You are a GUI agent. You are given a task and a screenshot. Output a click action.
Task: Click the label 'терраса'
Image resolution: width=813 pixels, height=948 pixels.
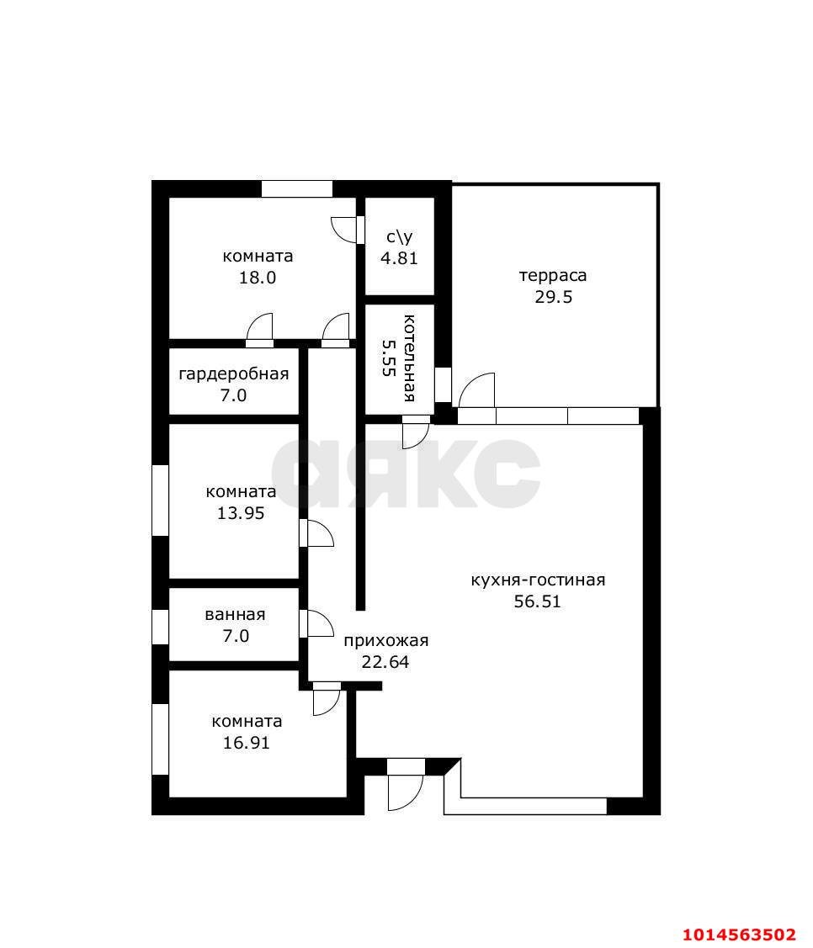click(553, 276)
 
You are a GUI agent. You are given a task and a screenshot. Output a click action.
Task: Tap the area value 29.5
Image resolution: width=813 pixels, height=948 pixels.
click(553, 297)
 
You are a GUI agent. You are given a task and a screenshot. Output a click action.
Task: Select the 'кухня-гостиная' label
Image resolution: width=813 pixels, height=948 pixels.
click(538, 580)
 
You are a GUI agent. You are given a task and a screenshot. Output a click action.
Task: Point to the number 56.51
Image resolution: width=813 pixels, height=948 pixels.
click(537, 601)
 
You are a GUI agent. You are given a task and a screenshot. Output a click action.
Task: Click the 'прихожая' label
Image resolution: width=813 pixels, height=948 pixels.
click(386, 641)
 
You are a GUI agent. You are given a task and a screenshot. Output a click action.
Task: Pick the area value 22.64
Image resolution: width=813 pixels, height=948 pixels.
click(385, 662)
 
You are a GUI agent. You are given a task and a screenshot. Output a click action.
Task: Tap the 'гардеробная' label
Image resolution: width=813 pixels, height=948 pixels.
click(233, 374)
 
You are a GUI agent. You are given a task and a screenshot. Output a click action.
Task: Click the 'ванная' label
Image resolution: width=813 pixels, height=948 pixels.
click(236, 615)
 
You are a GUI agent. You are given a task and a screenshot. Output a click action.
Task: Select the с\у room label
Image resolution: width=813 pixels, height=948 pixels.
click(399, 237)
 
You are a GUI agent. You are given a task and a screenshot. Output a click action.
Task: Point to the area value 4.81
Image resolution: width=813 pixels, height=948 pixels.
click(399, 258)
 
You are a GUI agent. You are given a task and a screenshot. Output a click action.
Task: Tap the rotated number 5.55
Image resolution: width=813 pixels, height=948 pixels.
click(388, 357)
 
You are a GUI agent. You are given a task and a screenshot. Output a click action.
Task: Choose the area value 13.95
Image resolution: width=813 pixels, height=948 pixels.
click(241, 513)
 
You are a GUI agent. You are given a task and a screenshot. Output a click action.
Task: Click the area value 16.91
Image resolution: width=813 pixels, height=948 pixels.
click(247, 743)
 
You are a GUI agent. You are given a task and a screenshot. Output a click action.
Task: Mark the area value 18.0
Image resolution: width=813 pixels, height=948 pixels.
click(258, 278)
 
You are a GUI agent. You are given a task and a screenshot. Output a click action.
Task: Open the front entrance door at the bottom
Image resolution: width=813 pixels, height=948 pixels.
click(406, 784)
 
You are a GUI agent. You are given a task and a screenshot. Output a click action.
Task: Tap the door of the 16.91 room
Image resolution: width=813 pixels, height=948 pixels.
click(327, 699)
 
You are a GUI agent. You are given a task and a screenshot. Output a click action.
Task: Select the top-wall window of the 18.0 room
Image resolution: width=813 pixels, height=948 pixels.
click(297, 188)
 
